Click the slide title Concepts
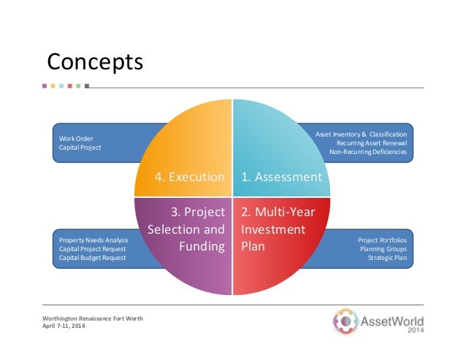(94, 61)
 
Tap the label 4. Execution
(189, 177)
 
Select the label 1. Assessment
(281, 177)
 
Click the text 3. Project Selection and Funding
(186, 229)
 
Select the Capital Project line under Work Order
(80, 148)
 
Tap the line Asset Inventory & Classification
(360, 134)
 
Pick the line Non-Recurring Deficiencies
(368, 152)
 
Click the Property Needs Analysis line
(93, 240)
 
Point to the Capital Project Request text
(91, 249)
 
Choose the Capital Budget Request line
(92, 258)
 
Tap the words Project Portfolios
(382, 240)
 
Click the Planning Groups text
(385, 249)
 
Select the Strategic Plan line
(387, 258)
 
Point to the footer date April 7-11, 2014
(64, 326)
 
